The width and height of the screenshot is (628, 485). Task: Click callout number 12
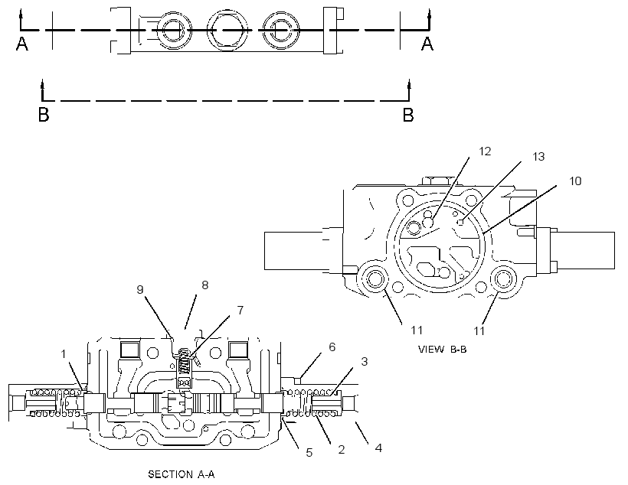click(485, 151)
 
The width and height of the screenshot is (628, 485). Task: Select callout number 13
click(538, 157)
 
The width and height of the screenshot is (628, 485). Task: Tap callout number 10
click(575, 181)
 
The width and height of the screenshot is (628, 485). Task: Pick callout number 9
click(140, 289)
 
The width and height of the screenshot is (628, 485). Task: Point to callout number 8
click(204, 285)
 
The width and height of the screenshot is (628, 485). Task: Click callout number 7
click(240, 310)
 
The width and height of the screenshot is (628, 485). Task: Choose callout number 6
click(332, 347)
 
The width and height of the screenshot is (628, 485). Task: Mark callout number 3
click(364, 361)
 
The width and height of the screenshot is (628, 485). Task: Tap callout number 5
click(309, 453)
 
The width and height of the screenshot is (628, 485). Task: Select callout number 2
click(342, 449)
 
